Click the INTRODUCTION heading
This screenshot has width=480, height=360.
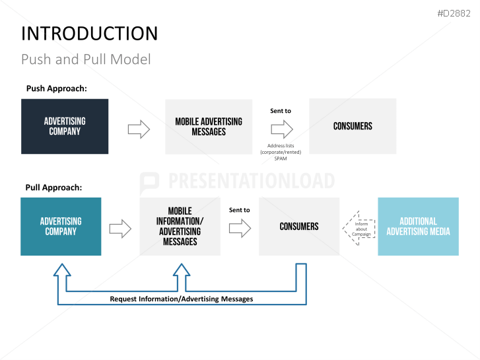[89, 34]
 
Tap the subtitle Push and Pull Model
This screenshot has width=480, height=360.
[86, 59]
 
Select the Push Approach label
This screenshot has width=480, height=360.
[56, 89]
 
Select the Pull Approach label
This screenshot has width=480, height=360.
[53, 187]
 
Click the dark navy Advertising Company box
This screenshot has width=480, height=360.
[65, 126]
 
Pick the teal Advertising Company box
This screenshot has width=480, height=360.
[61, 226]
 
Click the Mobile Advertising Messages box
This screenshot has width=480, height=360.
[209, 126]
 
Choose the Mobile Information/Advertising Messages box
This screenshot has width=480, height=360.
[180, 226]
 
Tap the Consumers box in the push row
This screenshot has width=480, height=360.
[353, 126]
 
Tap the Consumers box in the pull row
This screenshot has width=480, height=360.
[298, 226]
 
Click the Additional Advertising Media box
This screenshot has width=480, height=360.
[418, 226]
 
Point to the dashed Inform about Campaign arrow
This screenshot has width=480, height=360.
[358, 229]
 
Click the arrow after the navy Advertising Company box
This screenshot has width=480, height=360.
[139, 129]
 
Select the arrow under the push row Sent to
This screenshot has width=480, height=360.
[281, 128]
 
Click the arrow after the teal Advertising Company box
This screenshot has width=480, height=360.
[120, 229]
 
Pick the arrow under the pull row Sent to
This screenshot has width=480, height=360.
[240, 229]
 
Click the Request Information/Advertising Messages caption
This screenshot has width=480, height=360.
[181, 299]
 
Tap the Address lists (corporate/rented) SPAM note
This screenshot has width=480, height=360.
[281, 152]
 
